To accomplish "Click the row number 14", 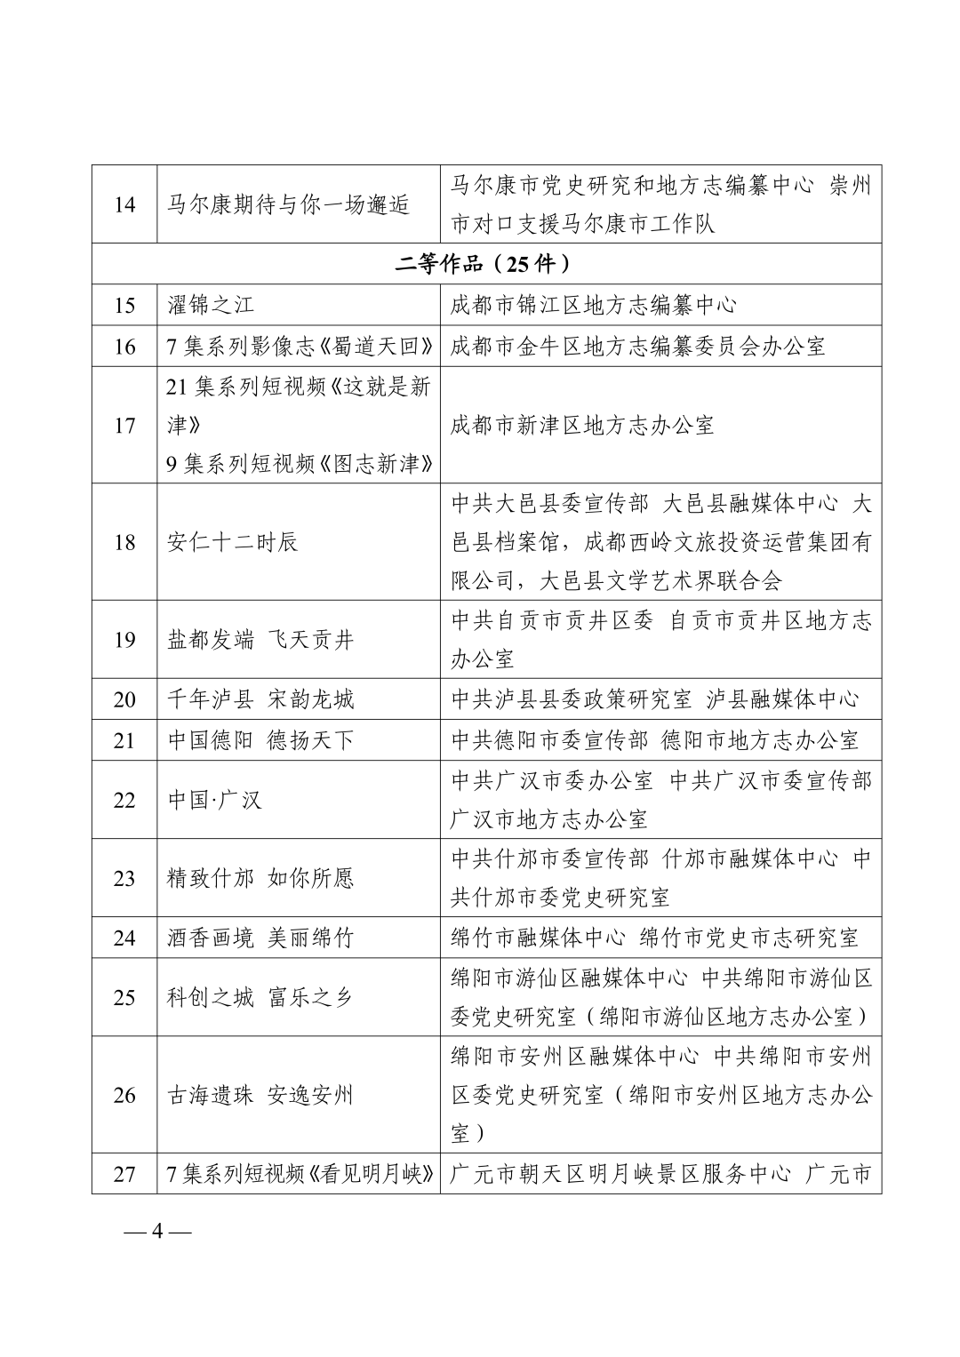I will [x=124, y=205].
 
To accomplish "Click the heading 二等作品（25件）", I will [x=485, y=264].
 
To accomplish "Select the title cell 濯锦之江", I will [x=211, y=305].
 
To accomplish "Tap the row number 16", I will [x=124, y=346].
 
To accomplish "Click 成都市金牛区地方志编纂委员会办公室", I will [x=638, y=346].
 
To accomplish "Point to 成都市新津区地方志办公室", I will [x=582, y=425].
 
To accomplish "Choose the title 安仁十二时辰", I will [x=232, y=541].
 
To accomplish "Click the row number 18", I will [x=124, y=541].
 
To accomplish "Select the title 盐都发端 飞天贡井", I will [x=260, y=639].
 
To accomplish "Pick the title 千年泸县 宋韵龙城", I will [x=260, y=699].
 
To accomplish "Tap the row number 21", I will [x=124, y=740].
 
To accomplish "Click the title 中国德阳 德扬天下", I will [x=260, y=740].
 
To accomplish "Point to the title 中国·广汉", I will [x=215, y=800].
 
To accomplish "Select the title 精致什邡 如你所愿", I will [x=260, y=878].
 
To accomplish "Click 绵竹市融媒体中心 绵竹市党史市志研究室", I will [x=655, y=938].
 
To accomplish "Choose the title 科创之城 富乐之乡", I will [x=260, y=997].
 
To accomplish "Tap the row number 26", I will [x=124, y=1095].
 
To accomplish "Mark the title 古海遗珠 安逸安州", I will [x=260, y=1095].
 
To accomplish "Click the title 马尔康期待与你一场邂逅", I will [x=288, y=205].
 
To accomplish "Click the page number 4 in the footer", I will [x=159, y=1232].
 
